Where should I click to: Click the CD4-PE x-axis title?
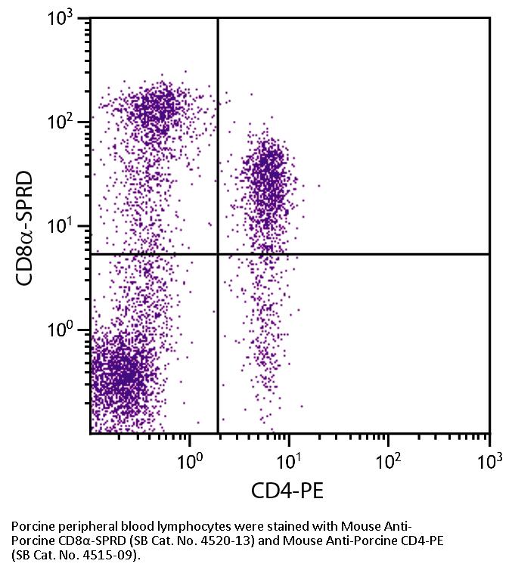(288, 492)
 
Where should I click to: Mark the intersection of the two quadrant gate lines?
(218, 254)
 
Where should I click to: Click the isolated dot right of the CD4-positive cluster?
(319, 185)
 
